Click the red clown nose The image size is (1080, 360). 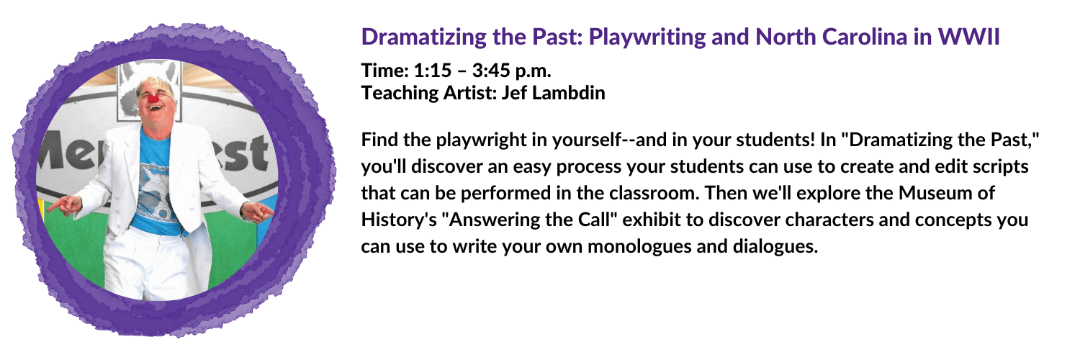click(x=154, y=99)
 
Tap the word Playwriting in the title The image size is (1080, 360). click(x=647, y=37)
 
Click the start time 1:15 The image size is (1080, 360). click(x=433, y=71)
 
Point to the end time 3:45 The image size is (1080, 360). click(x=491, y=71)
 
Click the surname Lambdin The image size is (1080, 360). click(x=568, y=93)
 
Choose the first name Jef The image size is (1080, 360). click(x=514, y=93)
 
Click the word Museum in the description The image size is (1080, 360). click(x=929, y=193)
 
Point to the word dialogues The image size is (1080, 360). click(x=775, y=247)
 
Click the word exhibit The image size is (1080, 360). click(x=652, y=220)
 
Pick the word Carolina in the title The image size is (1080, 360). click(x=865, y=37)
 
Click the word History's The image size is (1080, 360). click(x=399, y=220)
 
